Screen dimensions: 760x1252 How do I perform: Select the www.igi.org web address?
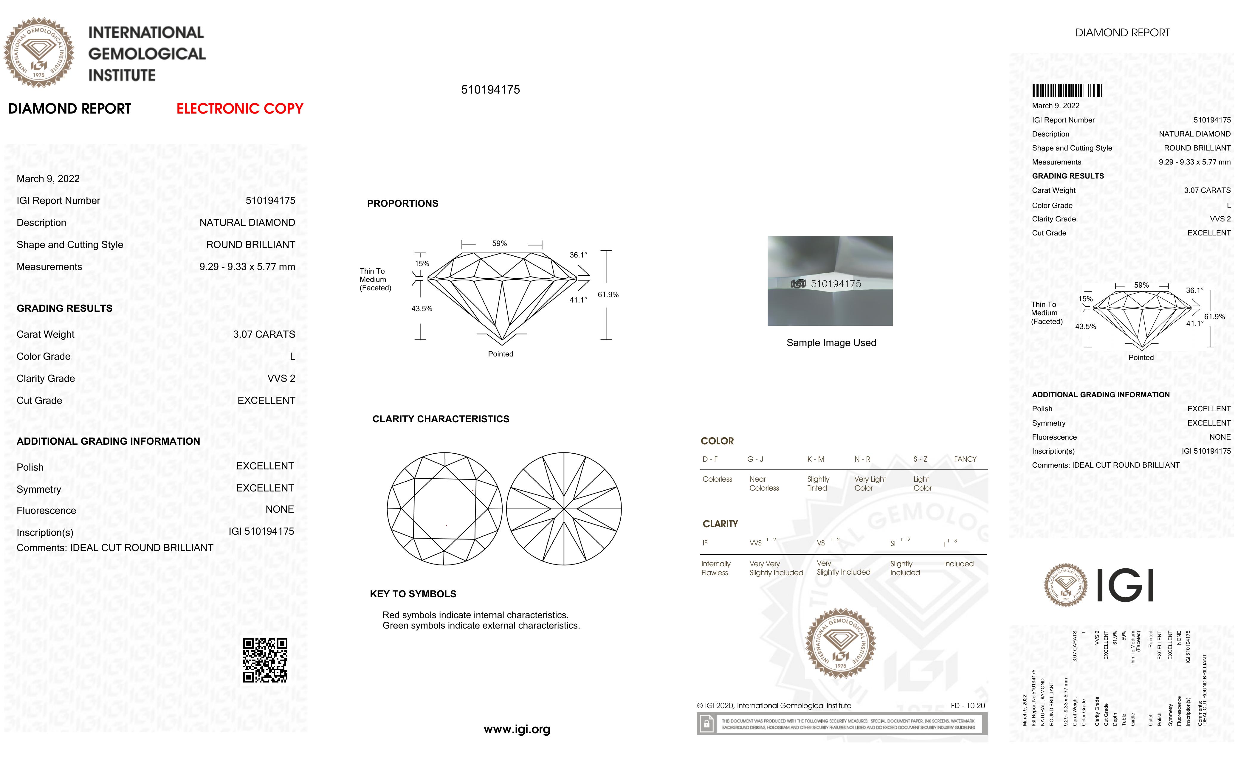click(x=517, y=730)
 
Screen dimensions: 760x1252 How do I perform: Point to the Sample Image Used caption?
click(x=831, y=343)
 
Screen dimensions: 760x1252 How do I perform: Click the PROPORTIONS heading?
click(x=402, y=204)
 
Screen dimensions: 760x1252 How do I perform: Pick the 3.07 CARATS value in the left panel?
click(x=264, y=334)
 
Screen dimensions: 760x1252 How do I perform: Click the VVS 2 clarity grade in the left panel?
click(x=281, y=379)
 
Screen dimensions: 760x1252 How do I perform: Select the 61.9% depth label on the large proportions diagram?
click(x=608, y=295)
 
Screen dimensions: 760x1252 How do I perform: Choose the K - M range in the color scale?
click(x=816, y=459)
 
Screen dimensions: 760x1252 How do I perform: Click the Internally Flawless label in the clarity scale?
click(x=715, y=568)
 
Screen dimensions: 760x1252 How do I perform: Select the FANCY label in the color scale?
click(x=965, y=459)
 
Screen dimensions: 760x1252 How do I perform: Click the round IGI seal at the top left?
click(x=39, y=53)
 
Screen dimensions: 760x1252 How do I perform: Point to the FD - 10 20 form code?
click(x=967, y=706)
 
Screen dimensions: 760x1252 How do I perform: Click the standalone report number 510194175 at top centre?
click(x=490, y=90)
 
